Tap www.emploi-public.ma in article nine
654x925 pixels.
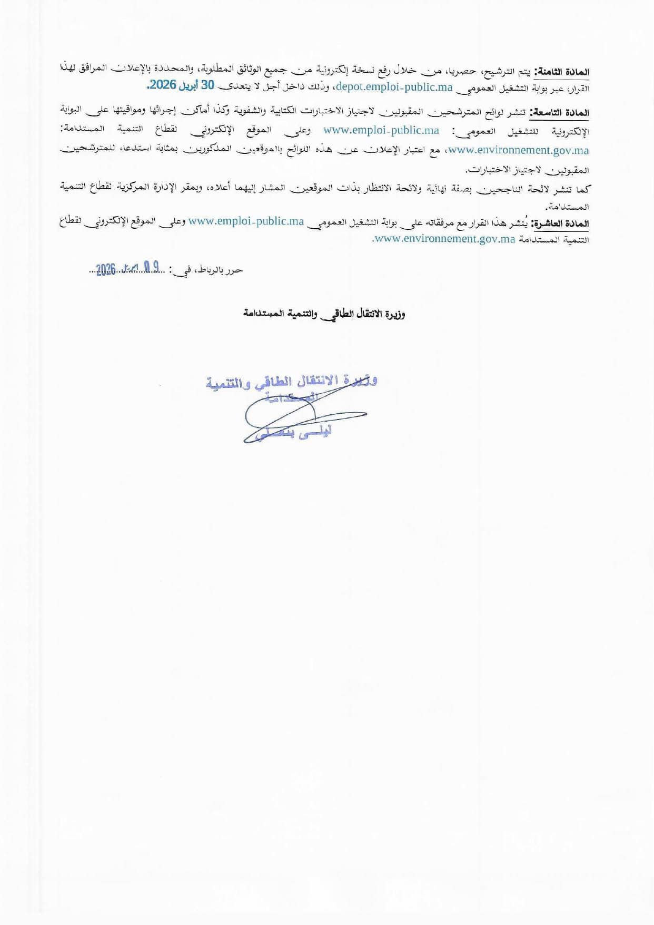[381, 130]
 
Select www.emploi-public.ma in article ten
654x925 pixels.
[246, 221]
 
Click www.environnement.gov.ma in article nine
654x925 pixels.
[518, 151]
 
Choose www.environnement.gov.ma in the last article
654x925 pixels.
[444, 239]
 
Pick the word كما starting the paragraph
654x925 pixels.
[583, 189]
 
